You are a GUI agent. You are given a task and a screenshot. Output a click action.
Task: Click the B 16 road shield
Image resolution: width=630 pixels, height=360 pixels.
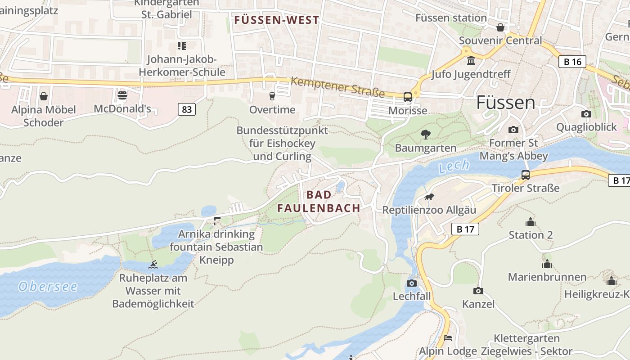pyautogui.click(x=572, y=62)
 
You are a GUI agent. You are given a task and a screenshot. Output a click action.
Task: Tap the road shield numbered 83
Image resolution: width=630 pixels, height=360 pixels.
pyautogui.click(x=186, y=109)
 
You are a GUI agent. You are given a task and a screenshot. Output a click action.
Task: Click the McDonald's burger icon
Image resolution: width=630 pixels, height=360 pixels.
pyautogui.click(x=122, y=95)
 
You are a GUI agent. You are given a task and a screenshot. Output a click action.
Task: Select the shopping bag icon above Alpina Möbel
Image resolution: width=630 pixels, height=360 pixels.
pyautogui.click(x=44, y=96)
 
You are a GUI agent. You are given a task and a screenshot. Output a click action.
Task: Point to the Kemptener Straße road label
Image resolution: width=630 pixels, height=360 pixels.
pyautogui.click(x=337, y=87)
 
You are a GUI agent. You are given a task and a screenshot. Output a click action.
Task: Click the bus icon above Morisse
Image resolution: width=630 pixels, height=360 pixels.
pyautogui.click(x=408, y=97)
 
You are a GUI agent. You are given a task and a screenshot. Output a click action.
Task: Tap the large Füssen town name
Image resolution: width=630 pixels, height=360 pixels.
pyautogui.click(x=506, y=103)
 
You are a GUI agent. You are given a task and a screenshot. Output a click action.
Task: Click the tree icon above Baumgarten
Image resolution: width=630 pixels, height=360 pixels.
pyautogui.click(x=425, y=134)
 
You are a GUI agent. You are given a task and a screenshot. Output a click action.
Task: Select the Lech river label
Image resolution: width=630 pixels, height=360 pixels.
pyautogui.click(x=454, y=166)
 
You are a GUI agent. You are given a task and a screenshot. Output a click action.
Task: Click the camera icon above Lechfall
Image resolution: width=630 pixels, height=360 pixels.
pyautogui.click(x=411, y=283)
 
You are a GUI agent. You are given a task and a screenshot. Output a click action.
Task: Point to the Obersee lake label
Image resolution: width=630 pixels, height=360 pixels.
pyautogui.click(x=48, y=287)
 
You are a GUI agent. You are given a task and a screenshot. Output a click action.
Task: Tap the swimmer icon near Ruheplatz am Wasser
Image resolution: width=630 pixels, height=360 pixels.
pyautogui.click(x=153, y=265)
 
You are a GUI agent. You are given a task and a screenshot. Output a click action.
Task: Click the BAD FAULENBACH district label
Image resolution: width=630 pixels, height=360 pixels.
pyautogui.click(x=319, y=201)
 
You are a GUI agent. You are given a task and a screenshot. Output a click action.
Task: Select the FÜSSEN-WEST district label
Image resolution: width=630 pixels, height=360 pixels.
pyautogui.click(x=277, y=20)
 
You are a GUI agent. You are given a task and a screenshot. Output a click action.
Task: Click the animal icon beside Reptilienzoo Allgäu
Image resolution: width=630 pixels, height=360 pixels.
pyautogui.click(x=429, y=197)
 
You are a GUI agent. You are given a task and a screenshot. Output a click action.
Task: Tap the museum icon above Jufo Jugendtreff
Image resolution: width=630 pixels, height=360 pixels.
pyautogui.click(x=471, y=61)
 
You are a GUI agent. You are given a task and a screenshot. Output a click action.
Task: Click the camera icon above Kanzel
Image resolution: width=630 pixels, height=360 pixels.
pyautogui.click(x=478, y=291)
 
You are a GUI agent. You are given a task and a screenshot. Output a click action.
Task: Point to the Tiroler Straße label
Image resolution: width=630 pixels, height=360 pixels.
pyautogui.click(x=526, y=188)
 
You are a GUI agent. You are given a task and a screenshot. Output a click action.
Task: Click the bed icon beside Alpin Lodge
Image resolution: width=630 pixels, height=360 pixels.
pyautogui.click(x=447, y=338)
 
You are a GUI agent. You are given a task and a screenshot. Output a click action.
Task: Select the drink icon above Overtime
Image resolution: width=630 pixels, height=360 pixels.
pyautogui.click(x=272, y=96)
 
